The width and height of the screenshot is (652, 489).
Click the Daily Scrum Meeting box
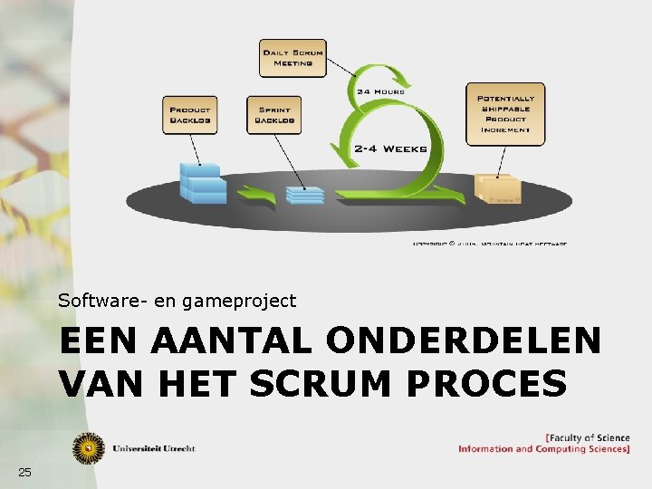(x=292, y=58)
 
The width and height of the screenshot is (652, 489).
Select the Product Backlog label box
(x=189, y=114)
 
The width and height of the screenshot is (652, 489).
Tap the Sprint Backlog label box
(x=273, y=114)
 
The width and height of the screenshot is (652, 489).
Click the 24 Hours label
(x=379, y=91)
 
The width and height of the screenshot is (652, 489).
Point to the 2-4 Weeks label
(x=390, y=149)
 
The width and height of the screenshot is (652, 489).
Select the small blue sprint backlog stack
(x=304, y=194)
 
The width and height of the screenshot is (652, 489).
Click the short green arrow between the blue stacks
(x=257, y=194)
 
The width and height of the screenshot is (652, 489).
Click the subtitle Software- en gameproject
(x=177, y=300)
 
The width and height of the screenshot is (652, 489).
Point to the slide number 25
(x=24, y=472)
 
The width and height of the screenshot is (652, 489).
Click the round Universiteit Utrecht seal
(x=89, y=447)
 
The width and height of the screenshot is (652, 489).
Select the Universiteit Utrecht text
(x=153, y=448)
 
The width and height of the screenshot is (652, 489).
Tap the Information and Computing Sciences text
(x=543, y=449)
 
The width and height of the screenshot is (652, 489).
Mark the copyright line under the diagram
(x=490, y=244)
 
